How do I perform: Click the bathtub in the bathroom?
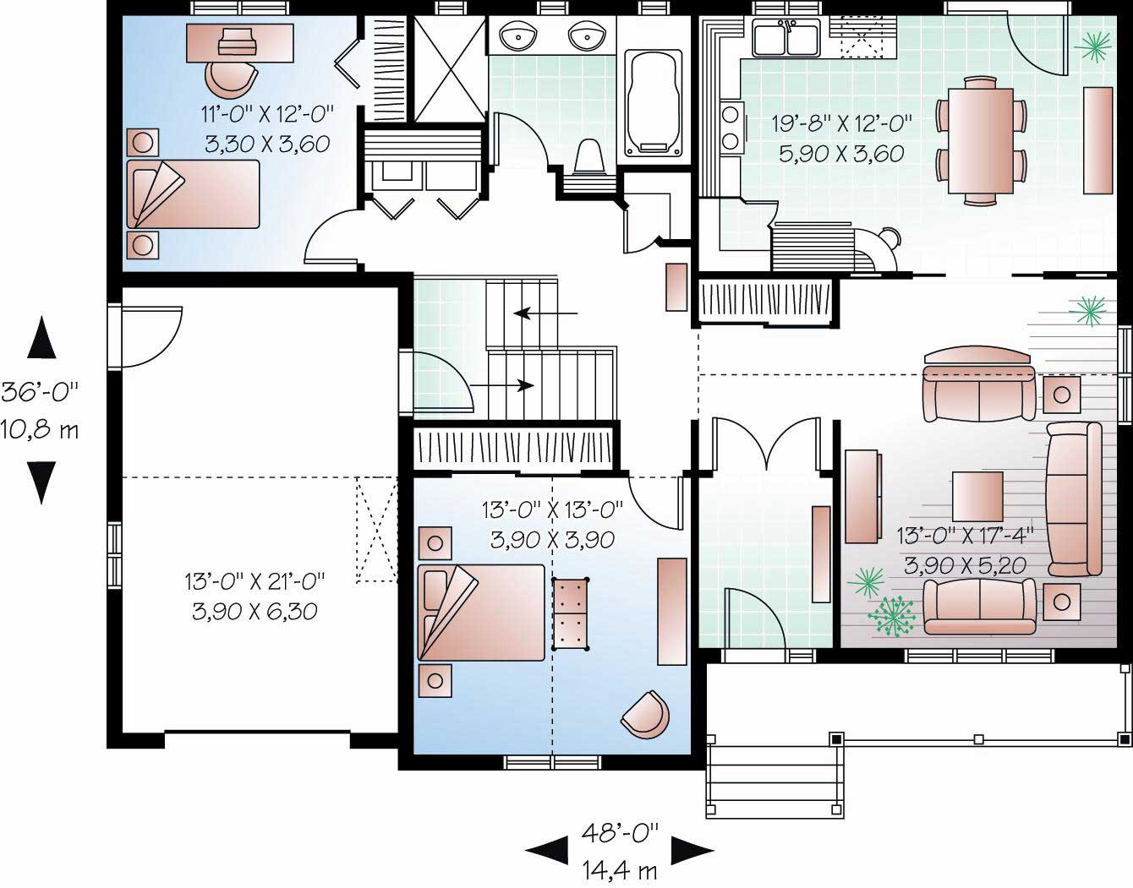[654, 104]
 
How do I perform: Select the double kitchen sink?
[786, 39]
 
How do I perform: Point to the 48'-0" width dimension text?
[620, 833]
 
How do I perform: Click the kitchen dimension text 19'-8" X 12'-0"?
[842, 124]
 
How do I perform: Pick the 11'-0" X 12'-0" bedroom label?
[267, 113]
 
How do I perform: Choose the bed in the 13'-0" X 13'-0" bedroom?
[482, 612]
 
